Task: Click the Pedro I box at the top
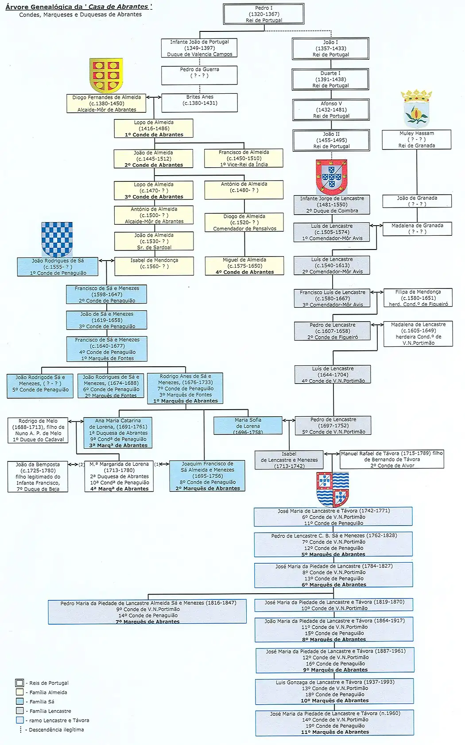pos(263,14)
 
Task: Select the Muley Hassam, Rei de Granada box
pos(416,139)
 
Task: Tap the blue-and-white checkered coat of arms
pos(57,239)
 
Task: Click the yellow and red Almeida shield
pos(106,74)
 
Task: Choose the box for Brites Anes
pos(200,102)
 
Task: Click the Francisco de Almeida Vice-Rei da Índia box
pos(244,158)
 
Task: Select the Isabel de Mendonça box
pos(154,266)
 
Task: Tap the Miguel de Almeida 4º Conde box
pos(244,266)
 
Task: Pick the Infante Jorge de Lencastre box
pos(332,205)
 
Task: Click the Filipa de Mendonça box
pos(418,298)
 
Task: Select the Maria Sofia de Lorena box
pos(248,426)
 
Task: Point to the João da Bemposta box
pos(38,476)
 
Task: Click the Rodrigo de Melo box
pos(38,430)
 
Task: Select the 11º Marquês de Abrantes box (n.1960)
pos(335,722)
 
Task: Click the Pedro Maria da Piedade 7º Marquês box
pos(147,612)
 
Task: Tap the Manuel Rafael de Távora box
pos(392,459)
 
